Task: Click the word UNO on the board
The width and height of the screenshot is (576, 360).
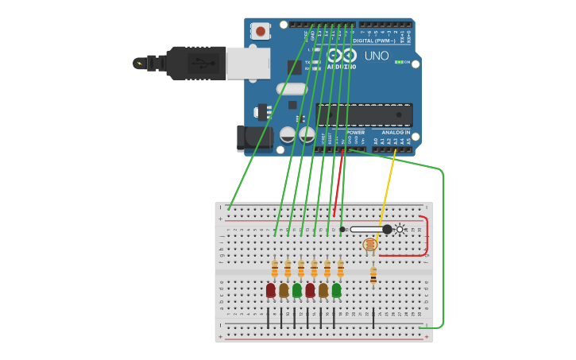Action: (x=377, y=56)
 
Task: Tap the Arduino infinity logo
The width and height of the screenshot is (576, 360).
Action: (x=342, y=56)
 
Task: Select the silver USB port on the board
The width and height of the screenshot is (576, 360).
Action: (x=247, y=63)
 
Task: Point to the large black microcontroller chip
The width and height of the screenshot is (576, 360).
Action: (x=365, y=115)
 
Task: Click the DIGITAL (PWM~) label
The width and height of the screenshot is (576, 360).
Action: (x=374, y=41)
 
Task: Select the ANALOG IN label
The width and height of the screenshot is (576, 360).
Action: (x=395, y=132)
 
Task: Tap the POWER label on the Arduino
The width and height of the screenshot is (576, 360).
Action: (x=355, y=132)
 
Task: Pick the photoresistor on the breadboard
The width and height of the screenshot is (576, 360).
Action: (x=369, y=245)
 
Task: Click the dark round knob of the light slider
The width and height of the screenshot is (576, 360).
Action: (x=387, y=229)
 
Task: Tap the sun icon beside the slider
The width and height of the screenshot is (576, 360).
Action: (x=400, y=229)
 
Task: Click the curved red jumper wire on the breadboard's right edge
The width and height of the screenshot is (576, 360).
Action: (x=426, y=236)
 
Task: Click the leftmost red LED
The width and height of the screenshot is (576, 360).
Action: (x=271, y=291)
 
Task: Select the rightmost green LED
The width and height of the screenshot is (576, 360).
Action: (x=337, y=291)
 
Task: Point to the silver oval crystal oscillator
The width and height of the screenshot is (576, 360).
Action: (x=291, y=89)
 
